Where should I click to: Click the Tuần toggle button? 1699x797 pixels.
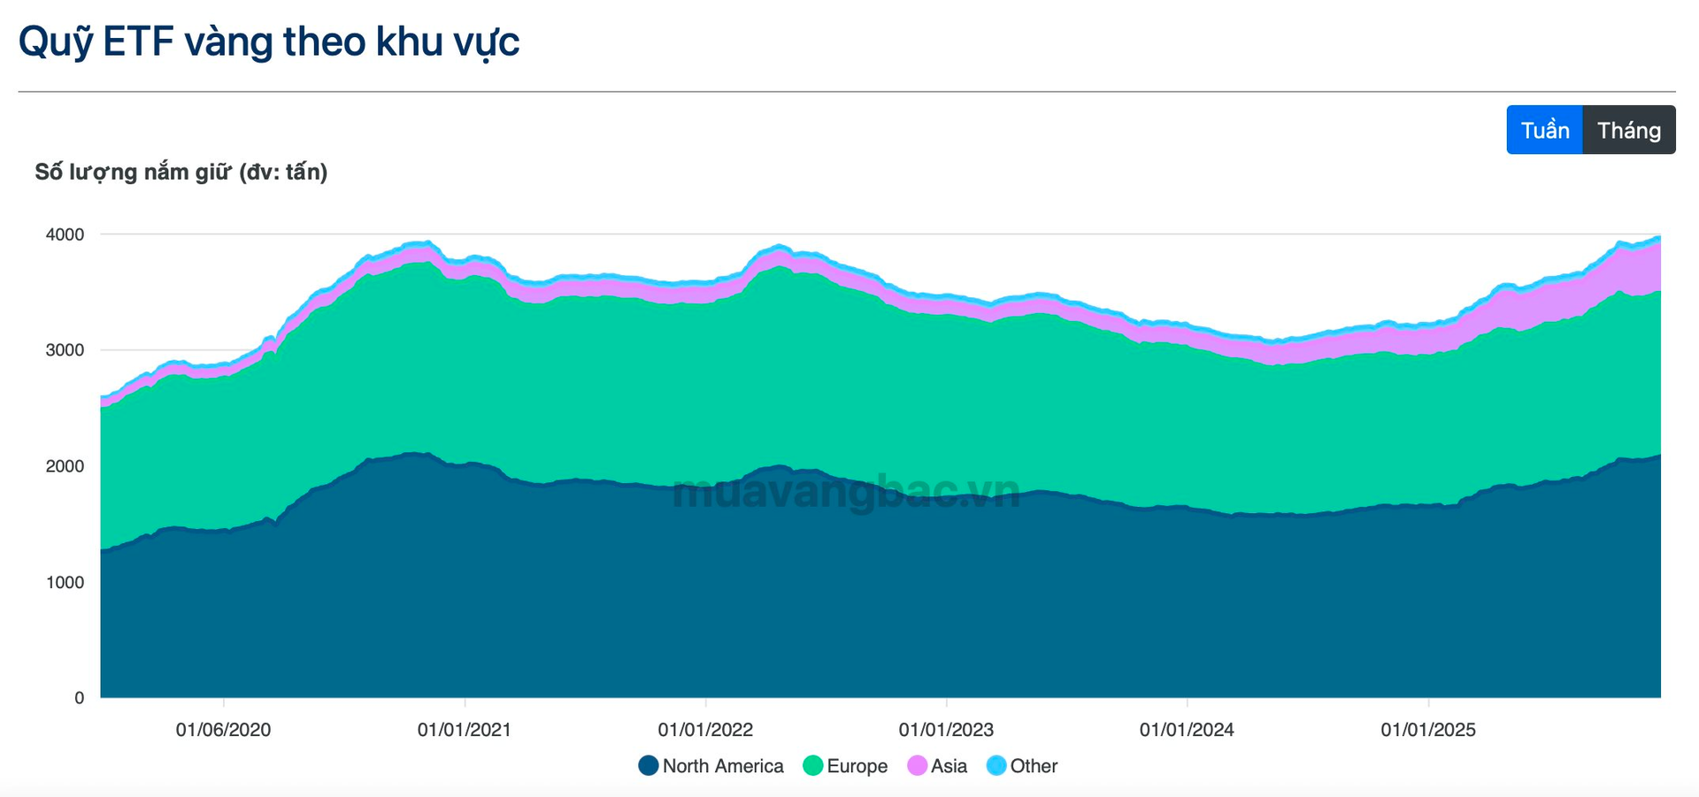1544,130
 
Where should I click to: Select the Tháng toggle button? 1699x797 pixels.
1628,130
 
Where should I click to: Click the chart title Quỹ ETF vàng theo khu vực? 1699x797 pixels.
269,42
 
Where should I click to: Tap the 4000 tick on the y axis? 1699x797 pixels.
65,234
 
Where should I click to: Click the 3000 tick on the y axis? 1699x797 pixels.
65,350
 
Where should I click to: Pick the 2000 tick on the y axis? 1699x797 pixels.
65,466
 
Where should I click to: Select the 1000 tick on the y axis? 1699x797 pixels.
65,582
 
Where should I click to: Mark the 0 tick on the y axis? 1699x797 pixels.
79,698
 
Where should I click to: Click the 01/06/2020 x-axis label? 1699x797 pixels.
223,730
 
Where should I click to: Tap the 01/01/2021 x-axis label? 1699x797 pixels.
465,730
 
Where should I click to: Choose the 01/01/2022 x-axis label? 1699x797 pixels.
705,730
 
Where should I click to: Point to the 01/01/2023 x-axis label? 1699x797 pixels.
946,730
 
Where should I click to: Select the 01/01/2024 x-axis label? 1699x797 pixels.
1187,730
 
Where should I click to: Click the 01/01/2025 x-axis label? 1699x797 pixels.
1428,730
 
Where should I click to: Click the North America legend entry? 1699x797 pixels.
711,766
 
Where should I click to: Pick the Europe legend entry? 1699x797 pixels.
846,766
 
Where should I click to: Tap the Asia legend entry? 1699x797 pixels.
938,766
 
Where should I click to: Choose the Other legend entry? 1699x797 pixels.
1023,766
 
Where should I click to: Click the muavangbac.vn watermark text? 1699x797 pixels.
846,492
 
